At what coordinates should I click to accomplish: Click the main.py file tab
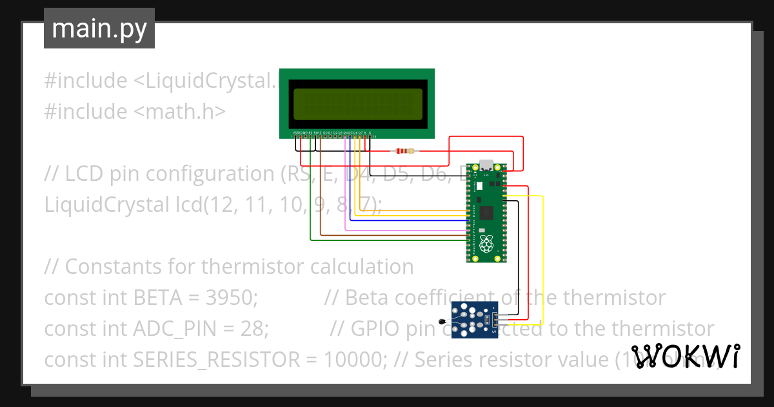pos(99,28)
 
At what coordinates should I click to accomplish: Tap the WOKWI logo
pos(684,356)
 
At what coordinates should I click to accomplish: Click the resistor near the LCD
pos(404,152)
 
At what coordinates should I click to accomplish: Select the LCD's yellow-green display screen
pos(358,105)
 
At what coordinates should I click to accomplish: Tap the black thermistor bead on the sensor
pos(442,321)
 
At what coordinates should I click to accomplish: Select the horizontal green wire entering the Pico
pos(387,241)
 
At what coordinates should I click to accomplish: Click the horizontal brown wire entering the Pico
pos(393,235)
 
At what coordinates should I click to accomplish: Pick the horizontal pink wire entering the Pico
pos(406,229)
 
